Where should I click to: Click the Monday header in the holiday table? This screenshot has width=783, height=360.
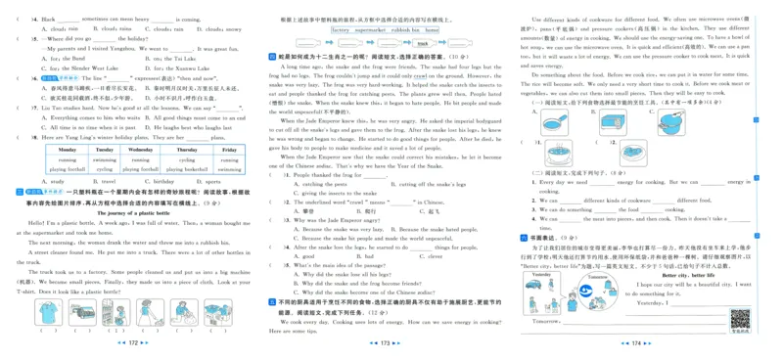pyautogui.click(x=67, y=150)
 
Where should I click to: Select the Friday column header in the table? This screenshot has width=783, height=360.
pyautogui.click(x=227, y=150)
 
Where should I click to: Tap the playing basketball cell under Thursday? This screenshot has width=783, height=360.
pyautogui.click(x=187, y=169)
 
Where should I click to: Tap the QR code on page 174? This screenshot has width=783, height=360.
pyautogui.click(x=741, y=318)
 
